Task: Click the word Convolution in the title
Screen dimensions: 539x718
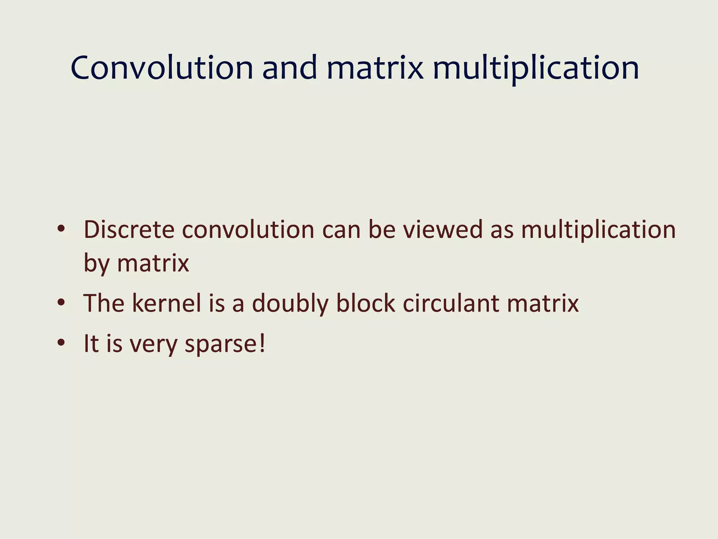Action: pyautogui.click(x=162, y=68)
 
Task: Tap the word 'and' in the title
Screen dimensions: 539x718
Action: pyautogui.click(x=290, y=68)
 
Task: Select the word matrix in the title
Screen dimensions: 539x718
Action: pyautogui.click(x=375, y=68)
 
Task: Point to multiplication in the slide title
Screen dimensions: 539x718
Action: pyautogui.click(x=536, y=68)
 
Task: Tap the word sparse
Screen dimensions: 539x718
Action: pyautogui.click(x=220, y=344)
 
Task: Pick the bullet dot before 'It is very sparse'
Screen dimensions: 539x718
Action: pyautogui.click(x=61, y=343)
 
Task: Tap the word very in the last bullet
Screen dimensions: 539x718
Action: pyautogui.click(x=154, y=344)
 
